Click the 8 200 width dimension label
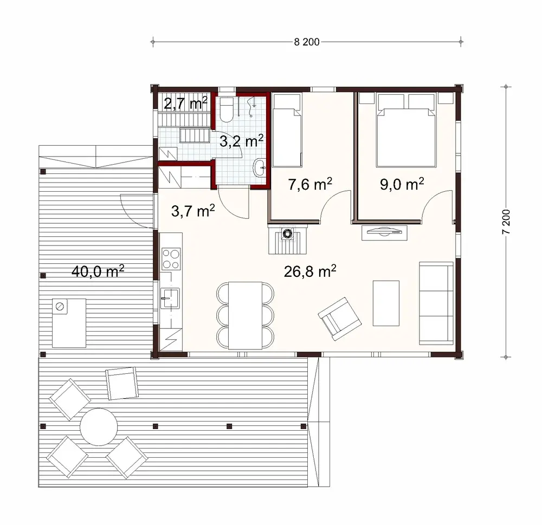coord(306,43)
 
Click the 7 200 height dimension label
coord(506,222)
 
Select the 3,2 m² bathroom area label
coord(241,141)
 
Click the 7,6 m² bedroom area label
coord(308,184)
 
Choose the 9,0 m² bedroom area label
coord(401,184)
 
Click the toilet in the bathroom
coord(227,109)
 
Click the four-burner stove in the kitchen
coord(171,258)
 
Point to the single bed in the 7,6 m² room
coord(287,130)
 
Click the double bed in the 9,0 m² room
coord(406,130)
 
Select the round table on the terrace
coord(98,426)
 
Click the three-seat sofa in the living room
coord(436,303)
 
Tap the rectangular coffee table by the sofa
coord(386,302)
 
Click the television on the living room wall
coord(384,232)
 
